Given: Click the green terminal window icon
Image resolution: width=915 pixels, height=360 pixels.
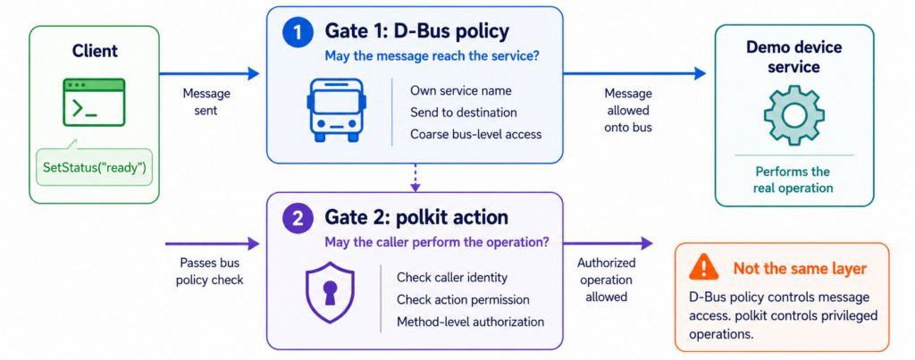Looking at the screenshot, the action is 94,103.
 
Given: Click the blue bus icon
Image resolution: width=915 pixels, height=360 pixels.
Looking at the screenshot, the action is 337,111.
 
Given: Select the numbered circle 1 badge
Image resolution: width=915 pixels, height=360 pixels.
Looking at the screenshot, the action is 298,32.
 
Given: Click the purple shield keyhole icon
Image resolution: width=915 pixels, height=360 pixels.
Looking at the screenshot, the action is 331,292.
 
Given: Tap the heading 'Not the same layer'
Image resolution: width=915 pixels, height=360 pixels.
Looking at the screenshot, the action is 800,268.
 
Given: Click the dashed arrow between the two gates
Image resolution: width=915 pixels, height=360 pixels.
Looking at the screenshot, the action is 415,178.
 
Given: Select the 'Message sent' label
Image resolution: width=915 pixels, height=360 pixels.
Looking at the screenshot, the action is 206,102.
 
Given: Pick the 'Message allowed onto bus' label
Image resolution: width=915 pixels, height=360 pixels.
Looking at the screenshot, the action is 628,110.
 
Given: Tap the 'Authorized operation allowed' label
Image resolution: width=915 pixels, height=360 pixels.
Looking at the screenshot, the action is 607,280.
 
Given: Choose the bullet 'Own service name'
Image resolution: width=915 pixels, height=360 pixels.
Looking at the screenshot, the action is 461,90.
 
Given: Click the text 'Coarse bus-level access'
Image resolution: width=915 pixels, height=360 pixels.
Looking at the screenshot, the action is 476,134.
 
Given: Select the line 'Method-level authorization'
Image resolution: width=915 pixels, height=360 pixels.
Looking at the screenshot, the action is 470,322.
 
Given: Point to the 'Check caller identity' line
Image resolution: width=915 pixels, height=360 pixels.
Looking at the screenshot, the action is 452,277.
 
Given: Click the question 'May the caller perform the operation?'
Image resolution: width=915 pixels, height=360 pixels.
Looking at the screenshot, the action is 436,242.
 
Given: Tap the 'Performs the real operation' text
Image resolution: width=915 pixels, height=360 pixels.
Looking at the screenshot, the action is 793,180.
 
